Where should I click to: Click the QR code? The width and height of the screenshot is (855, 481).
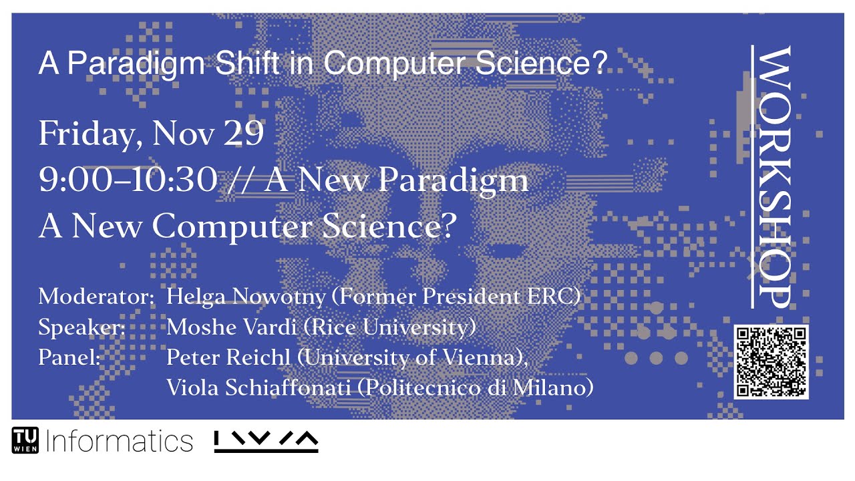pos(771,361)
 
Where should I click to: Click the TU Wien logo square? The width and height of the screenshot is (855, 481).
pos(25,440)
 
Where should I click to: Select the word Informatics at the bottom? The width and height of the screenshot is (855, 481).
pos(119,441)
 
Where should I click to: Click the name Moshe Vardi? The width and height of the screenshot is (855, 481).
pos(227,327)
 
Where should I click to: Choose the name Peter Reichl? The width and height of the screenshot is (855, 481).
pos(228,357)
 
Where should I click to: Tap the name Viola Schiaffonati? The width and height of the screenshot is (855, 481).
pos(259,387)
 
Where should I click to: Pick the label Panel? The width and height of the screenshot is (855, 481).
pos(69,357)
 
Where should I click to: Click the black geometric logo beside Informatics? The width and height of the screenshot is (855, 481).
pos(266,441)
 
